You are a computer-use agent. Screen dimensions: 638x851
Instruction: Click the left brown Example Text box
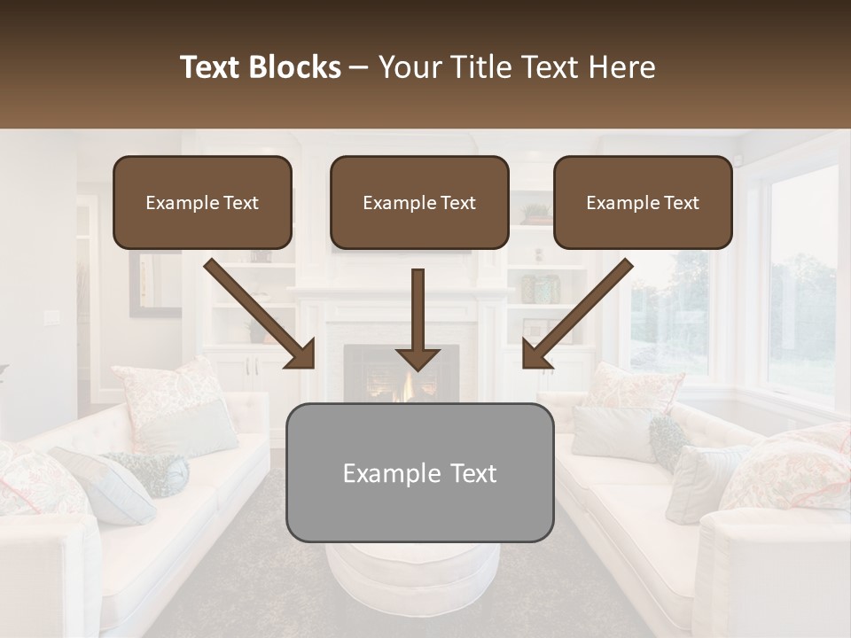(202, 203)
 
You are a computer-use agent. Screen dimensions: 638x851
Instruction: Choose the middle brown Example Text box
(419, 203)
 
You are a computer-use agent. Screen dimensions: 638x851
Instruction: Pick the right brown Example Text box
(643, 203)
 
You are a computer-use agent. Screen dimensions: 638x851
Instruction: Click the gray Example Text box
(419, 473)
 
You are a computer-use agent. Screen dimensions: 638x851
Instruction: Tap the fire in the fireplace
(410, 388)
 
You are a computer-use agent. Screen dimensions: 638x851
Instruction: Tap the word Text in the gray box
(472, 473)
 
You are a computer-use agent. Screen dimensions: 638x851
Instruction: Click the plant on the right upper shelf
(535, 214)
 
